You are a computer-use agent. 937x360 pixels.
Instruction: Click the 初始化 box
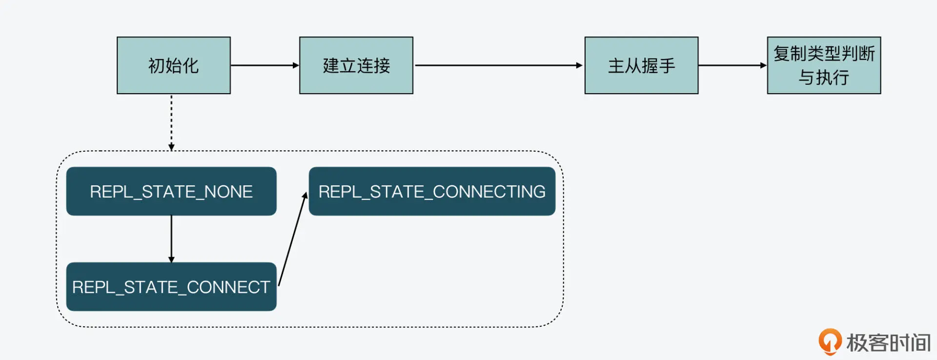point(173,65)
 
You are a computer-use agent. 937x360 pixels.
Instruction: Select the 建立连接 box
point(356,65)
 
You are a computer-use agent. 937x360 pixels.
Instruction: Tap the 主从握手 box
point(641,65)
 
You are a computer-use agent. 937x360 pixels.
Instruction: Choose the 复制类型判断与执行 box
point(824,65)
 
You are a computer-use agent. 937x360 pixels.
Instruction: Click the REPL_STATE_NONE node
point(171,191)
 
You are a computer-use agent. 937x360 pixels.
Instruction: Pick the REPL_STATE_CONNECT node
point(171,287)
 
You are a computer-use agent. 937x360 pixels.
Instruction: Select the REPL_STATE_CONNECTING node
point(432,191)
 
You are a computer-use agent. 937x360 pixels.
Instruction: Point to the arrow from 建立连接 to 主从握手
point(498,65)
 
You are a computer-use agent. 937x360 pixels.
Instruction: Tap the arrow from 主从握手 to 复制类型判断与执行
point(732,65)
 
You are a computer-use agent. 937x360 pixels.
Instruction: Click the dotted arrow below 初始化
point(171,122)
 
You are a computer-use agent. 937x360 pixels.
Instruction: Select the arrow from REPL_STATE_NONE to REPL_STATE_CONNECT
point(171,239)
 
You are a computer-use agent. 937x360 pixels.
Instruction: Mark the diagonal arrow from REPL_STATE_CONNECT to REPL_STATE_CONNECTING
point(293,239)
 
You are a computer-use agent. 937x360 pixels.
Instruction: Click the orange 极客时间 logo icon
point(830,341)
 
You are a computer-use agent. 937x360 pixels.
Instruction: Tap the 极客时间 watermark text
point(888,343)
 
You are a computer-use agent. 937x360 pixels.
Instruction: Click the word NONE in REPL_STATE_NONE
point(228,192)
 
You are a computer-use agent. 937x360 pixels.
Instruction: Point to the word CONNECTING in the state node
point(489,192)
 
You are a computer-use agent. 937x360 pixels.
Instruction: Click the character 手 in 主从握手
point(667,66)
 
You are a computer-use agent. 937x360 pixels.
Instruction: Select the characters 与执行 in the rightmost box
point(824,78)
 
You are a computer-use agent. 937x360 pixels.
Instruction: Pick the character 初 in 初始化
point(157,66)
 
